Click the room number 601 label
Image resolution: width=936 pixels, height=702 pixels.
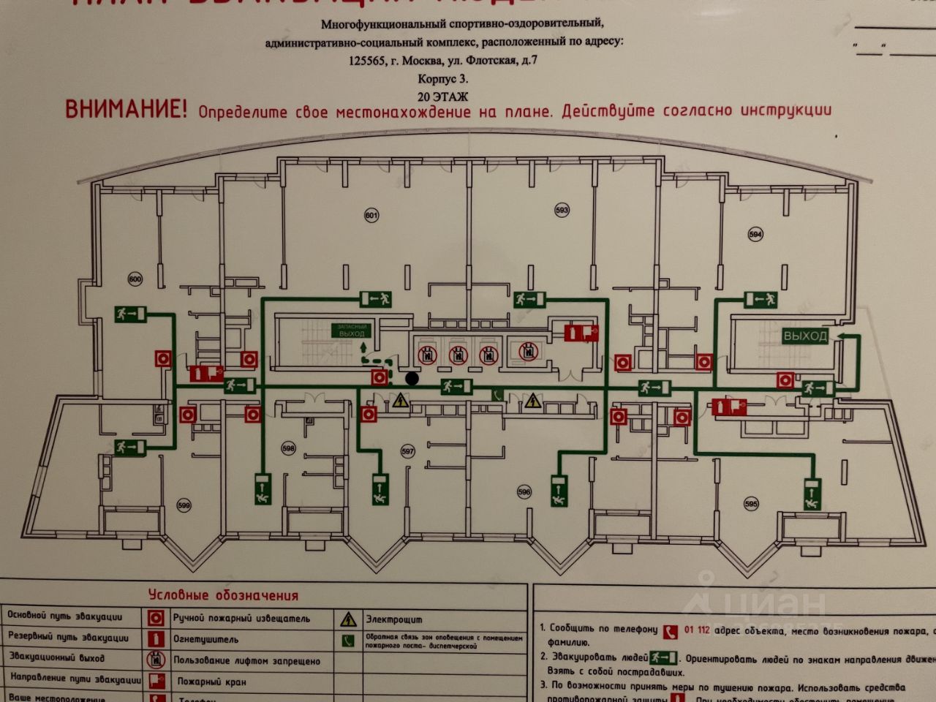click(x=371, y=216)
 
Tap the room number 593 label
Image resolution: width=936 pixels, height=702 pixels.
click(x=562, y=211)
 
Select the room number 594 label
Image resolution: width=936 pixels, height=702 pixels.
click(x=755, y=234)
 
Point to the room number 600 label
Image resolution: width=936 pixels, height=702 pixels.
click(x=135, y=279)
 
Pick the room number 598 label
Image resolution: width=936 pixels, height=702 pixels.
click(x=288, y=448)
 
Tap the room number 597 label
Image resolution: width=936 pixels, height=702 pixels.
click(x=408, y=452)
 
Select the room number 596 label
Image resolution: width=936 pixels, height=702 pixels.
click(x=524, y=491)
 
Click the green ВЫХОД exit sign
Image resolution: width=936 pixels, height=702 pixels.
click(x=806, y=336)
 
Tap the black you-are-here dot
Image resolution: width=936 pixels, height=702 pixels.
click(x=412, y=378)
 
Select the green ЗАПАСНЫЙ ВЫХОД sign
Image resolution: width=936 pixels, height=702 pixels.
click(x=352, y=330)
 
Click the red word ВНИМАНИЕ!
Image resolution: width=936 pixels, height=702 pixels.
click(x=126, y=110)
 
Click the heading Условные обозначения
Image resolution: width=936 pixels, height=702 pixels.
click(x=223, y=595)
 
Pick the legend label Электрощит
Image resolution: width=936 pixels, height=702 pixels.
click(x=393, y=619)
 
